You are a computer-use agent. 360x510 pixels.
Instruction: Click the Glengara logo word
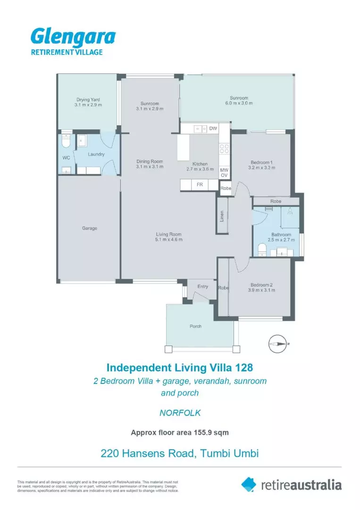(x=73, y=37)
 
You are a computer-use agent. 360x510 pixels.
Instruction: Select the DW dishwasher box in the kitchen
(x=213, y=128)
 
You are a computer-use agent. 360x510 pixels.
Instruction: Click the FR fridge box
(x=200, y=185)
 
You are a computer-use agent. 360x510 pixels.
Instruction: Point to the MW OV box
(x=225, y=172)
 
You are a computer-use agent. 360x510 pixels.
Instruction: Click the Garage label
(x=89, y=228)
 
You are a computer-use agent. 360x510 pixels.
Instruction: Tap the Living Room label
(x=169, y=234)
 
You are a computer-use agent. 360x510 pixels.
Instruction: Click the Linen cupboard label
(x=221, y=215)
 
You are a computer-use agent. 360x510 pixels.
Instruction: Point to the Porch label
(x=195, y=326)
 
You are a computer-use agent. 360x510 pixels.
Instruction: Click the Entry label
(x=202, y=287)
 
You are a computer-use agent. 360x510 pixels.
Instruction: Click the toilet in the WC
(x=66, y=140)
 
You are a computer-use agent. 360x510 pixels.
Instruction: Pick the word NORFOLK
(x=180, y=413)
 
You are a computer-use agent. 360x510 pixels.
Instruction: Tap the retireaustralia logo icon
(x=249, y=484)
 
